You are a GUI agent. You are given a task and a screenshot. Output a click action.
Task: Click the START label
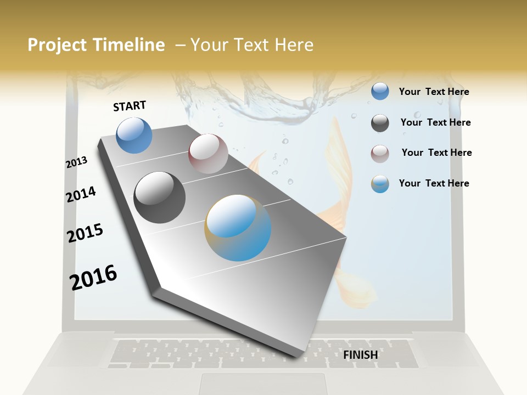click(x=130, y=106)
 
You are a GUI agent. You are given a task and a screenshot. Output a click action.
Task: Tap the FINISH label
click(x=361, y=355)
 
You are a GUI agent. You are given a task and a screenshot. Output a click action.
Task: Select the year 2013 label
click(x=76, y=162)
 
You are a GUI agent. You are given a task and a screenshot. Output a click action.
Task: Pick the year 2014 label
click(x=81, y=194)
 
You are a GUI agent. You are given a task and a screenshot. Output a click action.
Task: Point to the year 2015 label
click(x=85, y=233)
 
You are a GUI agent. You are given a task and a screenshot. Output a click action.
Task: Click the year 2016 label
click(x=93, y=277)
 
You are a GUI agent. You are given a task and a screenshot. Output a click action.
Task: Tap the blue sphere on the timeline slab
click(x=134, y=135)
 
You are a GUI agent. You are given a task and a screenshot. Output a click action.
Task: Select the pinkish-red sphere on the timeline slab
click(x=208, y=154)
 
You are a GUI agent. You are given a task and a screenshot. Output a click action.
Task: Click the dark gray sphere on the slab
click(x=160, y=198)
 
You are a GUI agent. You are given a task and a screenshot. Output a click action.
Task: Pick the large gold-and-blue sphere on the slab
click(x=238, y=228)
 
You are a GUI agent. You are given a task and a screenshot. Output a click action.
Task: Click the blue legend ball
click(x=380, y=91)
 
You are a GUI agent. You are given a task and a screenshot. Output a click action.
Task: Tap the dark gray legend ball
click(x=380, y=123)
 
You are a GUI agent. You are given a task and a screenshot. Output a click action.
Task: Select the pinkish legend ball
click(x=380, y=154)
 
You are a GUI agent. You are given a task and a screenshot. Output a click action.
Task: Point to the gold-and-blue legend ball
click(x=380, y=184)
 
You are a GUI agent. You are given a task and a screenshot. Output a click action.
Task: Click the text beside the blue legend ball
click(x=434, y=92)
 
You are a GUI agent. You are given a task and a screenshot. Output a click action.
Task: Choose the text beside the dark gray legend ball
click(x=435, y=122)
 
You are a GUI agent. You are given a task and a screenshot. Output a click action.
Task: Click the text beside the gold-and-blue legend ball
click(x=434, y=183)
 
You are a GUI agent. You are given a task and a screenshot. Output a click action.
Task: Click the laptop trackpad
click(x=263, y=383)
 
